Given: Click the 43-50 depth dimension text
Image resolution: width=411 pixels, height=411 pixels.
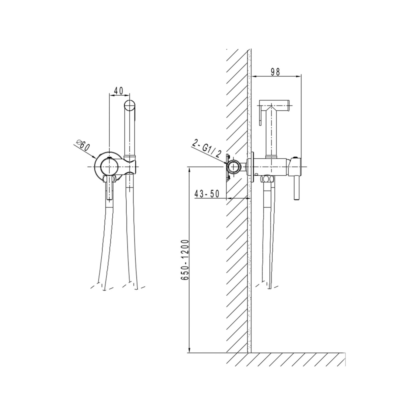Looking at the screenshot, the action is tap(207, 194).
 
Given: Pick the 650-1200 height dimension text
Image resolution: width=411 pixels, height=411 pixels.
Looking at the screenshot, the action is tap(185, 260).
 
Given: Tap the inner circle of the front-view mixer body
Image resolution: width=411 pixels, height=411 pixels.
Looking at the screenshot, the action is tap(109, 167).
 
